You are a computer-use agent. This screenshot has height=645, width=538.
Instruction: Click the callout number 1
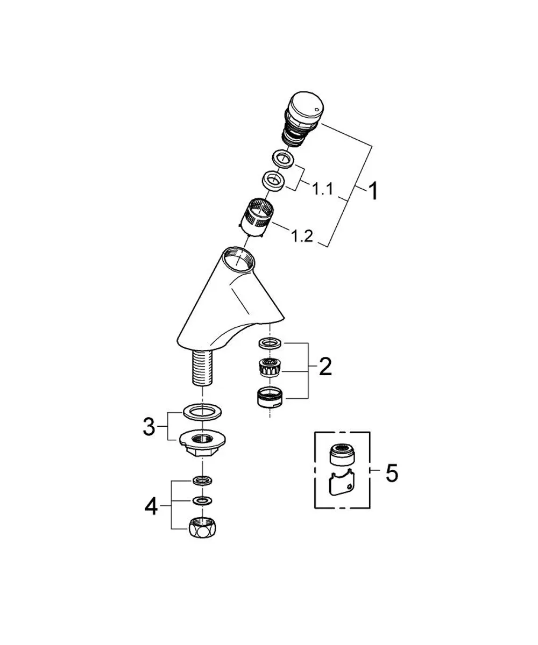click(x=373, y=191)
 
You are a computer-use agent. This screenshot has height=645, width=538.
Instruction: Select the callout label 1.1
click(x=323, y=189)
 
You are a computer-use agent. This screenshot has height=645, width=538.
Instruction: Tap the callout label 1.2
click(x=302, y=236)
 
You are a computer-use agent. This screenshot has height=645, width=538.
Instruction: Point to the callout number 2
click(x=325, y=367)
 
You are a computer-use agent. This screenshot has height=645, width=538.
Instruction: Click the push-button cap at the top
click(x=306, y=104)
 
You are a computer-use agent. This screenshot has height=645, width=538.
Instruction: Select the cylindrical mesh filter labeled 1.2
click(x=256, y=218)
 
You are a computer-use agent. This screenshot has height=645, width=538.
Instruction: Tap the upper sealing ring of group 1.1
click(x=283, y=160)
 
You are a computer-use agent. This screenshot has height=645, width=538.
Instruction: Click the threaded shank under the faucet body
click(x=202, y=368)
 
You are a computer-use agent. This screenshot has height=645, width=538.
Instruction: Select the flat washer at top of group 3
click(x=202, y=411)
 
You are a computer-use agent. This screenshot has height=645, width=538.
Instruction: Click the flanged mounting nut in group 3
click(x=202, y=441)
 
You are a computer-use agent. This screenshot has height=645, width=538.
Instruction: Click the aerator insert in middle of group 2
click(x=270, y=367)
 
